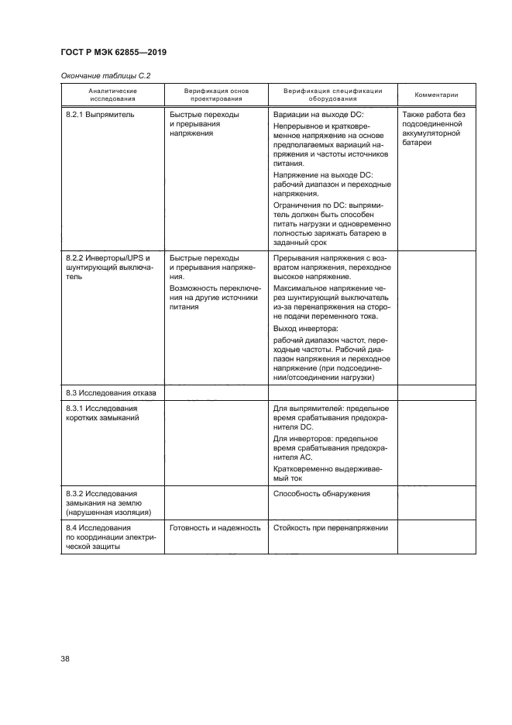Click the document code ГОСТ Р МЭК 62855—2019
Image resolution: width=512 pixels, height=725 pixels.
(x=113, y=52)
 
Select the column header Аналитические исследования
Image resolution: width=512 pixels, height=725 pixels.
(x=112, y=95)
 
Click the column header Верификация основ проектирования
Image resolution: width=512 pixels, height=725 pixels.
(x=215, y=95)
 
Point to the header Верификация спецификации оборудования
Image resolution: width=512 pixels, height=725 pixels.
(x=332, y=95)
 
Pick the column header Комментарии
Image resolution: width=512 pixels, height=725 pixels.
(x=436, y=95)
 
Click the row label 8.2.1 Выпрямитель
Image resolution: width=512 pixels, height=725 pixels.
(x=100, y=114)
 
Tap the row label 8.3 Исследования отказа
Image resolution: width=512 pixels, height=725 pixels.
(x=111, y=393)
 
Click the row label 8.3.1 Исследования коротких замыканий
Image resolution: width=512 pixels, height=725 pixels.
(x=102, y=413)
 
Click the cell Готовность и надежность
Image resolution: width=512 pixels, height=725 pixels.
(x=215, y=528)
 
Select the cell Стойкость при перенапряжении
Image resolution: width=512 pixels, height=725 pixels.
(x=330, y=528)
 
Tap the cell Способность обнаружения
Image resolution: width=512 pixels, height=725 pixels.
(x=321, y=493)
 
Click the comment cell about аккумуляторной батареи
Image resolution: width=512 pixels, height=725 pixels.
(x=434, y=133)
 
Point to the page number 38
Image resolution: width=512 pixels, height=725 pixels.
(x=65, y=659)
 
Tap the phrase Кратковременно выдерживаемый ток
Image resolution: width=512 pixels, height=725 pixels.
(x=326, y=474)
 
